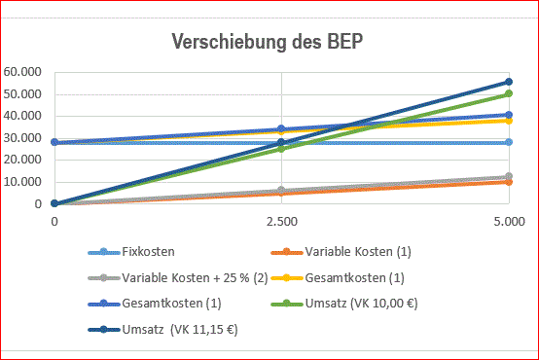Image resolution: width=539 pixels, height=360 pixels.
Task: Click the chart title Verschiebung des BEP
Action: click(268, 42)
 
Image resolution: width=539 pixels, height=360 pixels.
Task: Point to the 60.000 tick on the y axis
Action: click(22, 72)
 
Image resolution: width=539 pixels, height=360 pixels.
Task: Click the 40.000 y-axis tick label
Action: click(22, 116)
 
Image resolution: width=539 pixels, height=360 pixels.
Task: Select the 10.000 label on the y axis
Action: click(22, 182)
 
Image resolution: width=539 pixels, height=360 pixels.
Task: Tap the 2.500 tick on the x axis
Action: click(282, 222)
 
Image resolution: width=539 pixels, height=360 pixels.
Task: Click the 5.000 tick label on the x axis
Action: click(510, 222)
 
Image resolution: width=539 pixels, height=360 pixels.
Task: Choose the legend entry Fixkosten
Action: click(131, 252)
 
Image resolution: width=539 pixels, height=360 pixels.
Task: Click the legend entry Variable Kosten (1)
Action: click(341, 252)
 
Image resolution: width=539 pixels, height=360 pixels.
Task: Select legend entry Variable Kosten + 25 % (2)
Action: click(178, 278)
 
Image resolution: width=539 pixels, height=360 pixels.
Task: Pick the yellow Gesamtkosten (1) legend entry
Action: click(338, 278)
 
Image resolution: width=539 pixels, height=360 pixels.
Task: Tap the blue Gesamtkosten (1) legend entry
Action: click(155, 304)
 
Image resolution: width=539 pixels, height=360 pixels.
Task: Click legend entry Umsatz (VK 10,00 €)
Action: click(344, 304)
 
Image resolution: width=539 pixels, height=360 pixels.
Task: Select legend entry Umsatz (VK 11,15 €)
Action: click(162, 330)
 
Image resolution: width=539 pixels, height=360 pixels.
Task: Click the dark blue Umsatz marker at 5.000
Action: click(509, 82)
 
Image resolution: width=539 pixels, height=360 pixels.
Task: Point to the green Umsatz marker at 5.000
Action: click(509, 93)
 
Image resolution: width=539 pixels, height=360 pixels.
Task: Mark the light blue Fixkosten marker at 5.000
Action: click(509, 142)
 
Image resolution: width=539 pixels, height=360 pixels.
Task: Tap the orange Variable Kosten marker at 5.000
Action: click(509, 182)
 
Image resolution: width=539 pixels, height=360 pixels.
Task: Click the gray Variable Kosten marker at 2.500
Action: click(281, 190)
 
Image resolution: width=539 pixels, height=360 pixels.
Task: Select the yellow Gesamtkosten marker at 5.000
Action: click(509, 121)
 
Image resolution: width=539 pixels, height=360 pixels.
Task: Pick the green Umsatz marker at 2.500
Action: click(281, 149)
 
